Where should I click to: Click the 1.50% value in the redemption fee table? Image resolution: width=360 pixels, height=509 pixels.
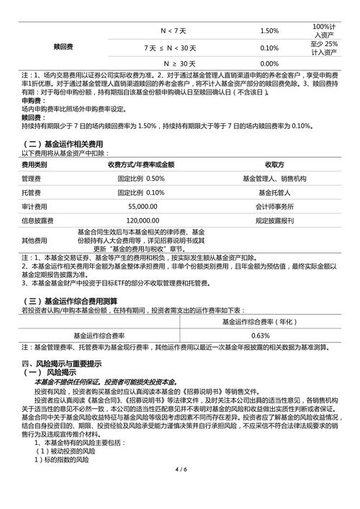point(269,31)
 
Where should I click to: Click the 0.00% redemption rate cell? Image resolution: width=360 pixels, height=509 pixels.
point(269,64)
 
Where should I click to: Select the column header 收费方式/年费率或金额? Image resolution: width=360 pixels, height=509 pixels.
point(141,164)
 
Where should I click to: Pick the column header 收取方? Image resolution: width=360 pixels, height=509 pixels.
point(274,164)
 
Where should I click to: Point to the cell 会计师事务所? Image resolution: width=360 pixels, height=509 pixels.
point(274,205)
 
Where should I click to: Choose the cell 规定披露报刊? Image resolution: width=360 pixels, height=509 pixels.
point(274,220)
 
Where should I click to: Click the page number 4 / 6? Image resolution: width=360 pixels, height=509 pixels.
point(180,490)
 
